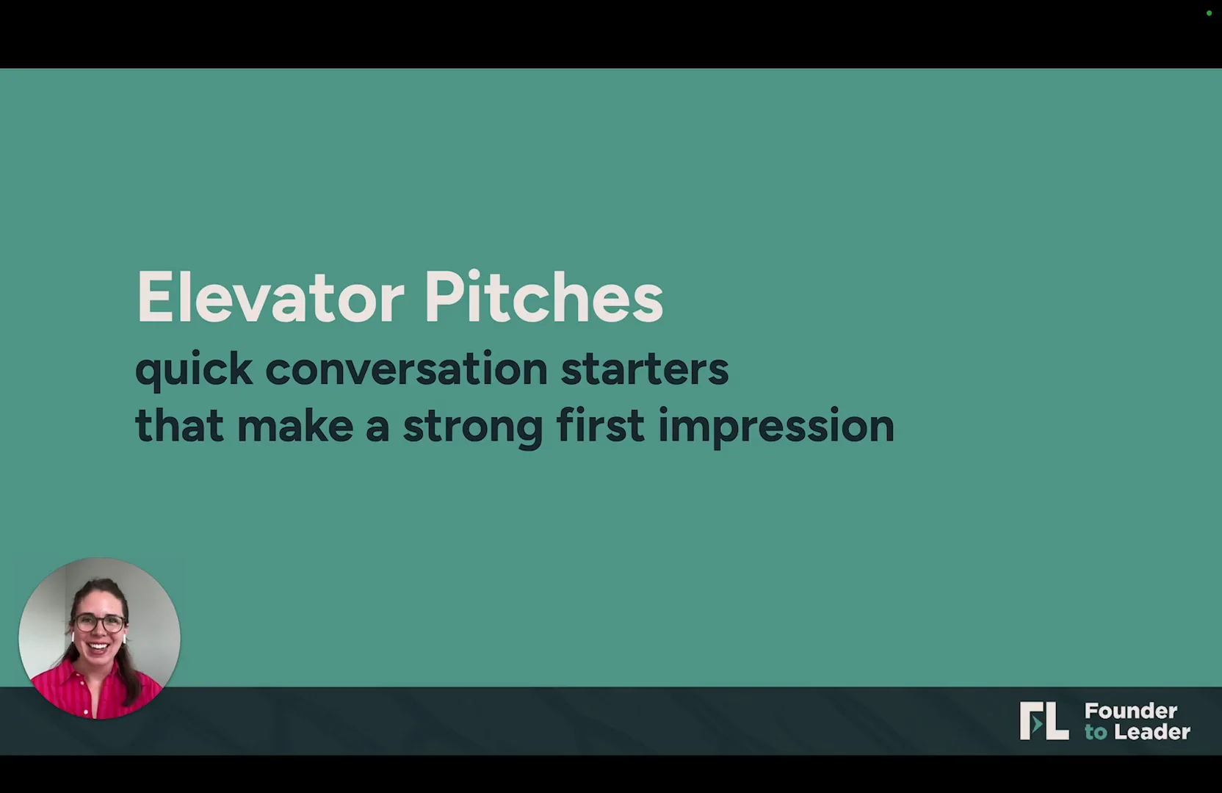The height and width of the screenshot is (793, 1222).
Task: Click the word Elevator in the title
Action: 270,297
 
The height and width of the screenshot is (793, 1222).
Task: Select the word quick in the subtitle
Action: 194,369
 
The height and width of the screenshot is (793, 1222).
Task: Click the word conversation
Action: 406,368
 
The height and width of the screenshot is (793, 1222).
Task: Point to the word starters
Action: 645,369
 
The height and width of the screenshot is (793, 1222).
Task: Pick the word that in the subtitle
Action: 179,424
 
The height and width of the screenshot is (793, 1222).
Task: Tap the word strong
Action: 473,429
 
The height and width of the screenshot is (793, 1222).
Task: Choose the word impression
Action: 776,427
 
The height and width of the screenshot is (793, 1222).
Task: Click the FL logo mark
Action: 1044,720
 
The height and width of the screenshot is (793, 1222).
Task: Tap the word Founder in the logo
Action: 1130,711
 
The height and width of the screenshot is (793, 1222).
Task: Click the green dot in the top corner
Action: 1209,13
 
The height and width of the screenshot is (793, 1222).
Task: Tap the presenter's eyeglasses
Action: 100,623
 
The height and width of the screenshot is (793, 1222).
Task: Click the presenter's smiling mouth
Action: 98,648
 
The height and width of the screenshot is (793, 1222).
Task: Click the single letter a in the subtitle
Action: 377,428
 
